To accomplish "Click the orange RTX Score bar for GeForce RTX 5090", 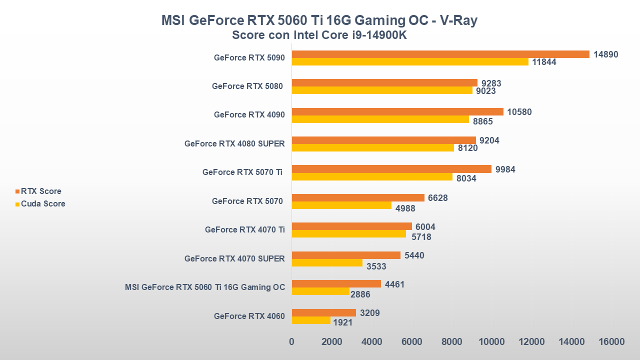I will point(440,54).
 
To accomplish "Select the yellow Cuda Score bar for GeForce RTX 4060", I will point(311,320).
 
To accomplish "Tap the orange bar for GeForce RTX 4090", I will point(397,111).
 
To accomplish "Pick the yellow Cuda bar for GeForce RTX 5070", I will point(341,205).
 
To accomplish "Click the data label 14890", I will point(606,54).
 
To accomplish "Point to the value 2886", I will point(360,294).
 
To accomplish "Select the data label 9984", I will point(505,169).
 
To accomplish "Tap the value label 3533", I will point(376,266).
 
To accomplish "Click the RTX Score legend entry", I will point(41,191).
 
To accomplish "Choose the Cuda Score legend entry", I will point(43,203).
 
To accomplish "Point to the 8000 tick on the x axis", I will point(451,342).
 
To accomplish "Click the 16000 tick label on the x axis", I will point(611,342).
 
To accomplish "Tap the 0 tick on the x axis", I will point(292,342).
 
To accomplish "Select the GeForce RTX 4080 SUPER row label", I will point(234,143).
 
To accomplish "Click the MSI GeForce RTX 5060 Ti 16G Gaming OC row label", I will point(205,287).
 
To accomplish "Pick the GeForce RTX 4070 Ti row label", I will point(244,229).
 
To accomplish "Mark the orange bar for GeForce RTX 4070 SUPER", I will point(346,255).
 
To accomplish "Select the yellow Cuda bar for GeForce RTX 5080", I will point(382,90).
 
